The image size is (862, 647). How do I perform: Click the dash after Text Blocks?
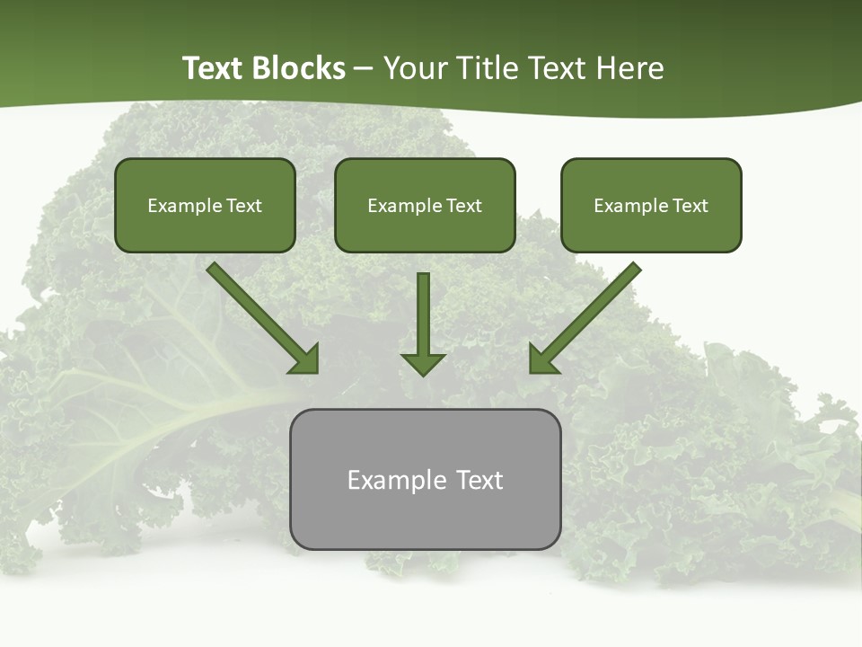pyautogui.click(x=364, y=69)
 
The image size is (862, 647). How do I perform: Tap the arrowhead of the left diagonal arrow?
pyautogui.click(x=305, y=359)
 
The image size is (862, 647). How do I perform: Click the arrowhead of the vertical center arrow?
pyautogui.click(x=423, y=364)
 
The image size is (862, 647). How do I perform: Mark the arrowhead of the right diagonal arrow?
pyautogui.click(x=542, y=359)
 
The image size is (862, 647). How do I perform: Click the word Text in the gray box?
pyautogui.click(x=479, y=480)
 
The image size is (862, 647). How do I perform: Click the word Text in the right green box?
pyautogui.click(x=690, y=206)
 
